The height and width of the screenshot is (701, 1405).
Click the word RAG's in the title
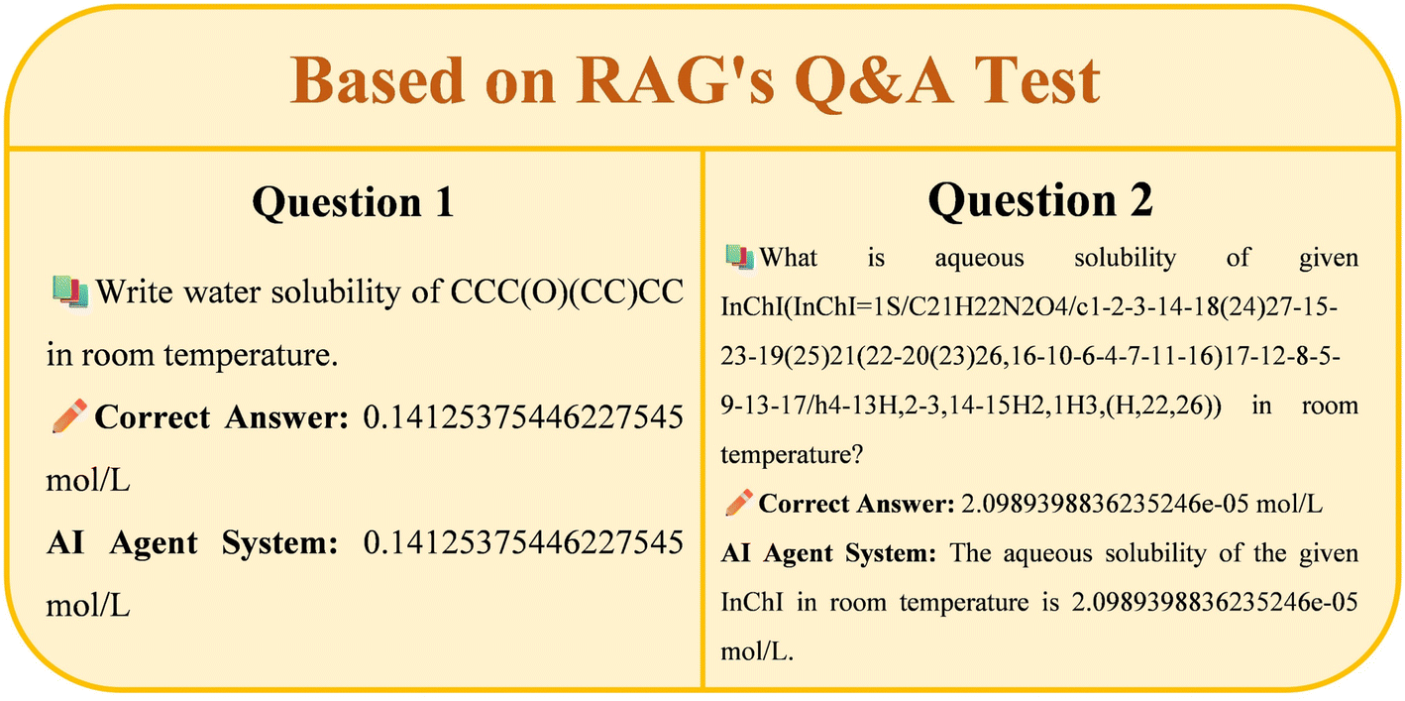click(x=676, y=79)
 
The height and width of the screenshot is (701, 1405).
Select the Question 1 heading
click(x=353, y=202)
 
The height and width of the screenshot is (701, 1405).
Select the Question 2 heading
click(x=1040, y=201)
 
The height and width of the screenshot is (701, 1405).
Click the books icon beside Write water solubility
click(x=69, y=292)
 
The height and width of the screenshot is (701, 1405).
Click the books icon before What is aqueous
click(x=739, y=258)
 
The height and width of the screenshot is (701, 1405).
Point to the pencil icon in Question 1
click(x=69, y=415)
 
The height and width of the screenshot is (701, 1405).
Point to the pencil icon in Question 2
click(x=739, y=503)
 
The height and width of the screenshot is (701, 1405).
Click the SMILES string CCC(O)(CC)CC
click(x=567, y=292)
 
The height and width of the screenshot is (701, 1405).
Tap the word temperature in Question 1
click(x=251, y=355)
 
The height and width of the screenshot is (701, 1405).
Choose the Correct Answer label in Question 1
click(x=221, y=417)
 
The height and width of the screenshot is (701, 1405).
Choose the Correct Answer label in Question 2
click(x=857, y=504)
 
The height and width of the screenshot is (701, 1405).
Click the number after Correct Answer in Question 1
click(x=523, y=417)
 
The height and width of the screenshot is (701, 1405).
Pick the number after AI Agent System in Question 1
click(x=523, y=542)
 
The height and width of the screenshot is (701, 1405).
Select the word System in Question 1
click(x=279, y=543)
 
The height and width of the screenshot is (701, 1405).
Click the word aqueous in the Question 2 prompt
click(x=979, y=258)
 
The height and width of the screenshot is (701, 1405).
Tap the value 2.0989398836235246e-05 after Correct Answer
click(x=1105, y=504)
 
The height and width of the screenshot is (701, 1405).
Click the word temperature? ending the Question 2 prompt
click(x=793, y=454)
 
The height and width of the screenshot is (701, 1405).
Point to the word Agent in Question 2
click(x=798, y=553)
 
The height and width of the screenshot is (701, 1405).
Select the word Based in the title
click(x=377, y=79)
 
